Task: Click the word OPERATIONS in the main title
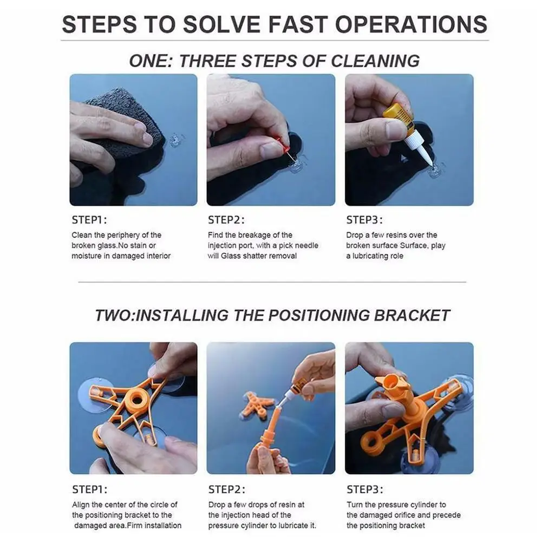(411, 24)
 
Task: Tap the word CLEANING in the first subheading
(375, 61)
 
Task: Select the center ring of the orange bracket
(137, 400)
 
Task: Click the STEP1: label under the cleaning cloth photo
(89, 220)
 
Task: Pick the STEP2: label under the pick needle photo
(226, 220)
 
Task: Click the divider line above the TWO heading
(272, 282)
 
